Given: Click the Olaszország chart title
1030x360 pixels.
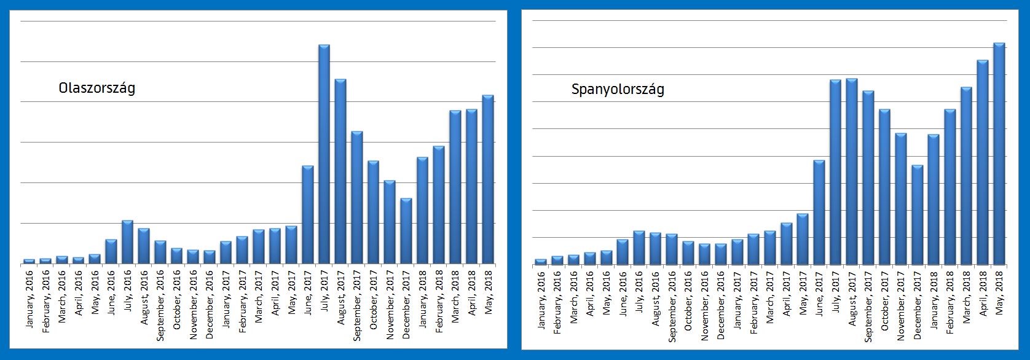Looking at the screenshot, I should [96, 88].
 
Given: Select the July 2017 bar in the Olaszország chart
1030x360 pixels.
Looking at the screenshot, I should [324, 154].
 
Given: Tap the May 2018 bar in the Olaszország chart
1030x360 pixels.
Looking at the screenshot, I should [488, 179].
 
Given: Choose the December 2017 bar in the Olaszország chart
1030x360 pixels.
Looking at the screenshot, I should [406, 230].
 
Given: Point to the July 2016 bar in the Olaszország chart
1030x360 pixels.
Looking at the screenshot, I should [127, 241].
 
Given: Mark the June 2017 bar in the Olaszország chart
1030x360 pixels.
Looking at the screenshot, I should [308, 214].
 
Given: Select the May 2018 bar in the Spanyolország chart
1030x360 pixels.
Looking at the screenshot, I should [999, 154].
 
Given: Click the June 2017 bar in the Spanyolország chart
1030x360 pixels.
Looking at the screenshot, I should [819, 212].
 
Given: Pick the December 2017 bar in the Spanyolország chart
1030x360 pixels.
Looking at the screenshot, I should [917, 214].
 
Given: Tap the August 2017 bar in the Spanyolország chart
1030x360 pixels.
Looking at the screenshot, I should [851, 171].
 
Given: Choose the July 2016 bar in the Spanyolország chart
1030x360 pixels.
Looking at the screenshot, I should [639, 248].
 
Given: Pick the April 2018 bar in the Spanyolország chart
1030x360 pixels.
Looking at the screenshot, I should [983, 162].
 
